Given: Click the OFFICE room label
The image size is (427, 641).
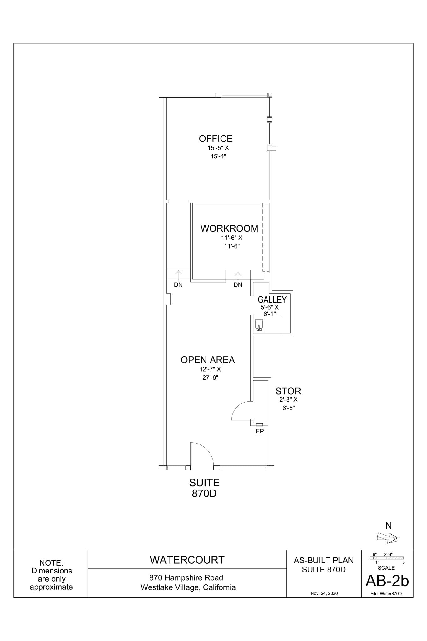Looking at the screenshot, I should (216, 139).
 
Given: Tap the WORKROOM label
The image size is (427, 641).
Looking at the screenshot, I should (229, 228).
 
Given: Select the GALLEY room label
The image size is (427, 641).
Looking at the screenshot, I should (272, 300).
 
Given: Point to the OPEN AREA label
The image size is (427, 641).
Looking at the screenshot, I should (208, 360).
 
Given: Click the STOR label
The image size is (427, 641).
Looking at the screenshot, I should (288, 391).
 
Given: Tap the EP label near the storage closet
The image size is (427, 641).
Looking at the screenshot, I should (260, 431).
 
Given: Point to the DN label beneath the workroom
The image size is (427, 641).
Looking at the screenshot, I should (238, 285).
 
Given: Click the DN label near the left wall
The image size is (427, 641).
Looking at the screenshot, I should (178, 285).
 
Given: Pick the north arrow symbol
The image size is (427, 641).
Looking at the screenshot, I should (387, 538).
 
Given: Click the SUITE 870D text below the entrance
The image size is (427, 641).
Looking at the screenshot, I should (204, 488).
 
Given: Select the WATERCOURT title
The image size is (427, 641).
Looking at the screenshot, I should (187, 560).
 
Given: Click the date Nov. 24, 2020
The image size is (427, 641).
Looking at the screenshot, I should (324, 593).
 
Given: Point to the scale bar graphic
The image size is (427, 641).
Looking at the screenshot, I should (387, 558).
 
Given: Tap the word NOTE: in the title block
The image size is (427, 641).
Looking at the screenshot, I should (51, 563).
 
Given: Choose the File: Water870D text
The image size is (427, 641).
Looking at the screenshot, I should (387, 594).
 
